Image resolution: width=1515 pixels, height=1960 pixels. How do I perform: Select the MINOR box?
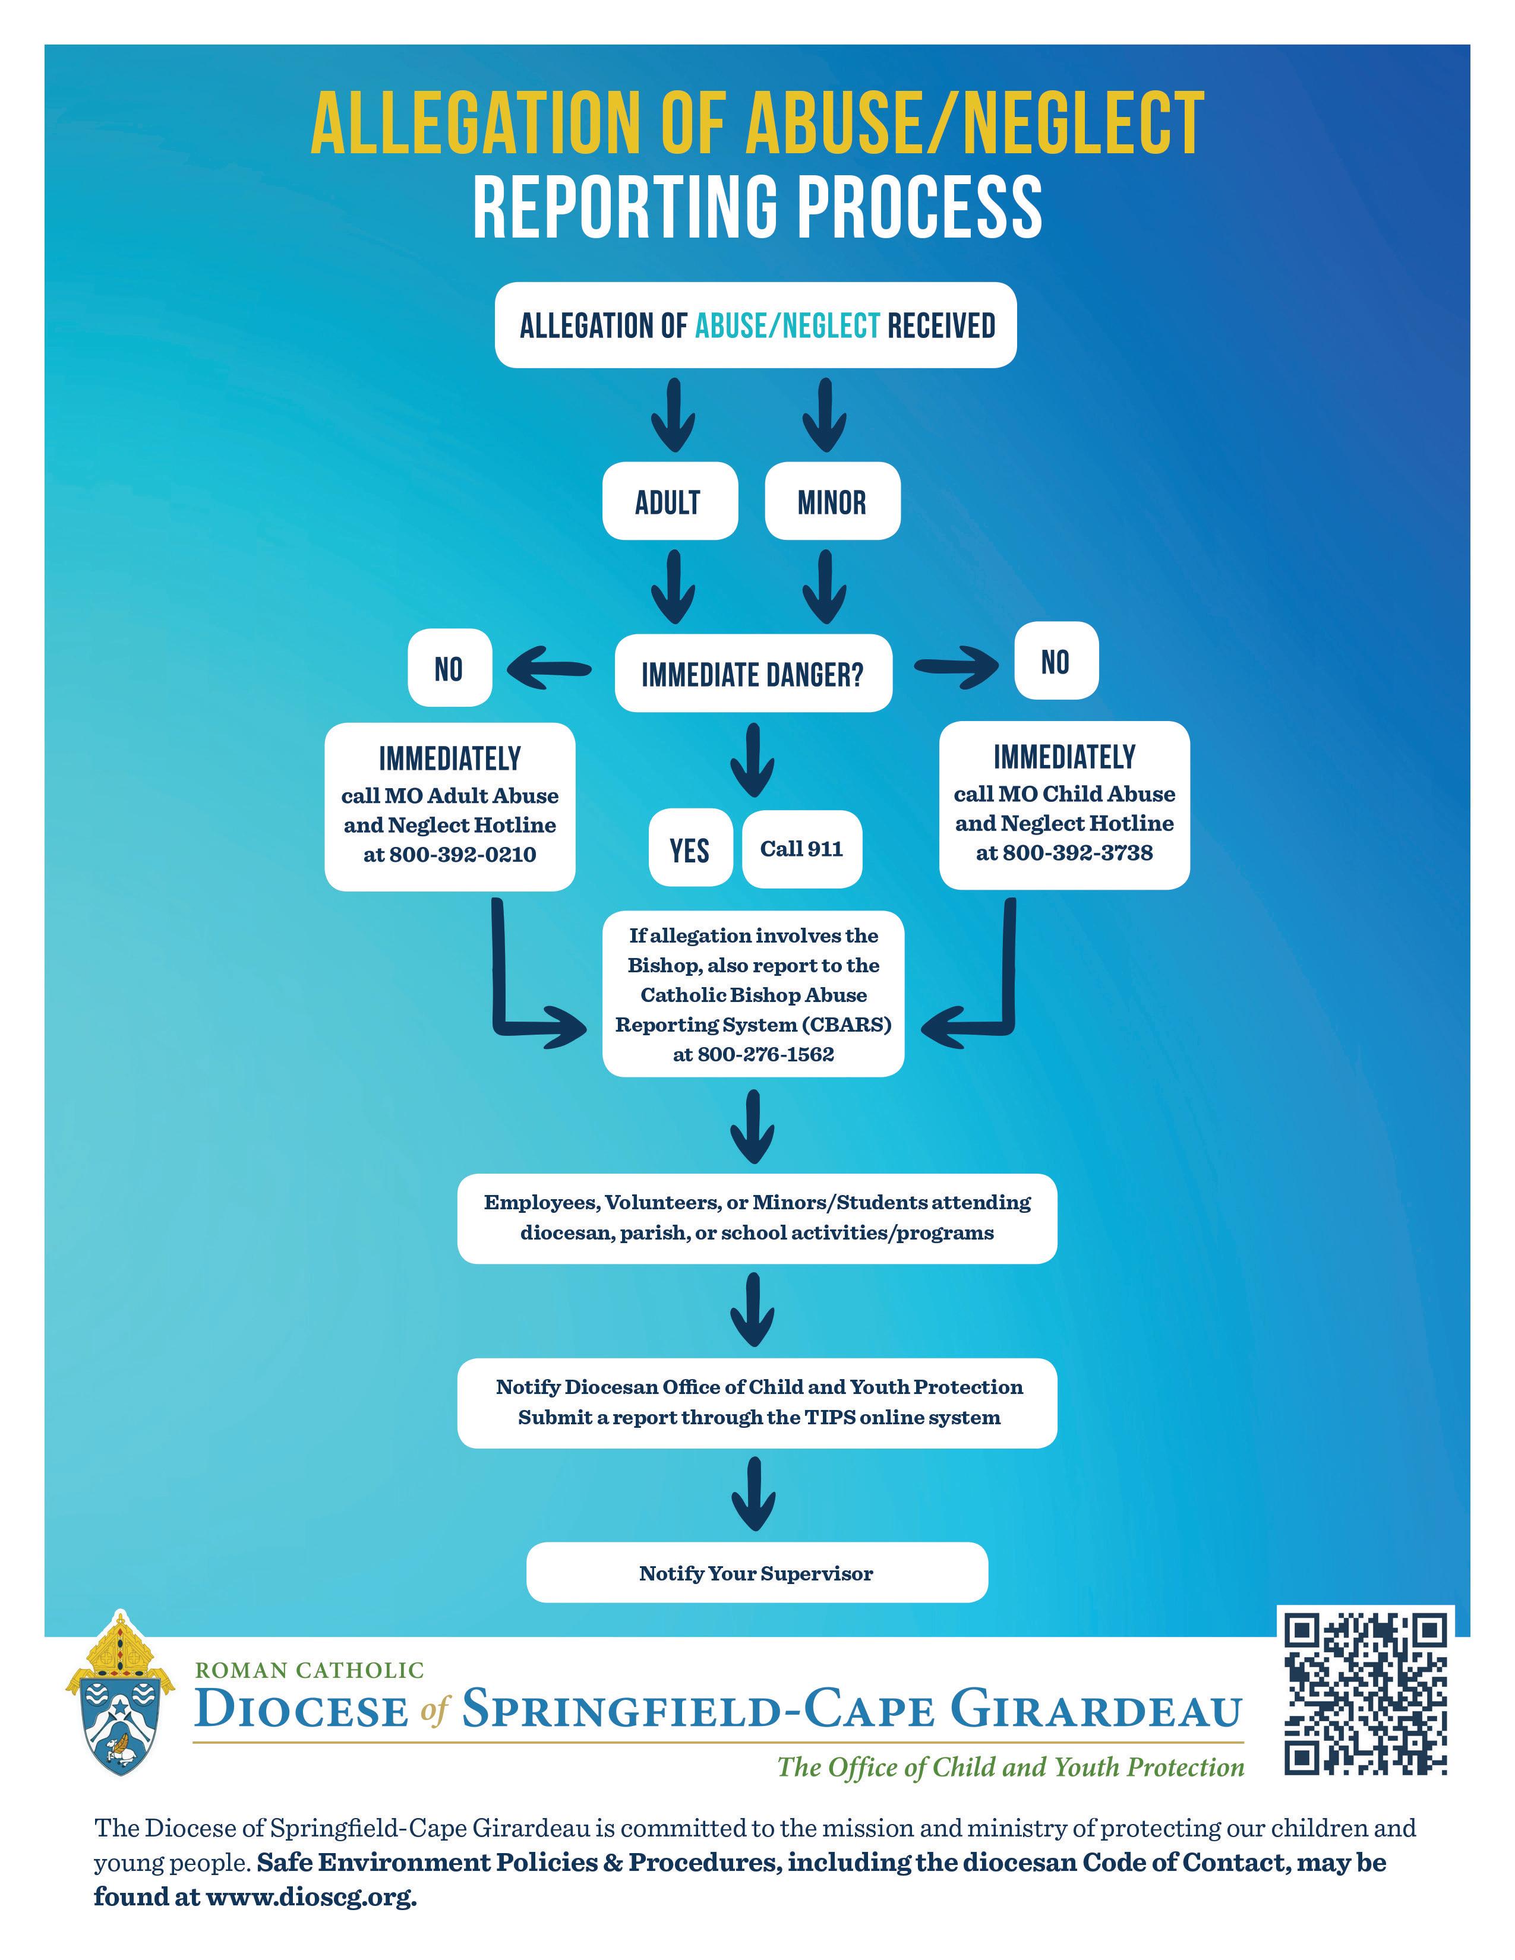coord(832,502)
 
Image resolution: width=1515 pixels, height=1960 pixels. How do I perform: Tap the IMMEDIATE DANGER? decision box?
coord(753,674)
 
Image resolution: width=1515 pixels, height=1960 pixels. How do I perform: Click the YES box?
coord(689,849)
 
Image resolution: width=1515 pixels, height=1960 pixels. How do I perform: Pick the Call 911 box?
coord(801,849)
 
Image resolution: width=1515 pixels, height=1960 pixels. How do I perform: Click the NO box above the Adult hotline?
coord(449,669)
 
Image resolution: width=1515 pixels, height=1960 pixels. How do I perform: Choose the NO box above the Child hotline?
coord(1056,662)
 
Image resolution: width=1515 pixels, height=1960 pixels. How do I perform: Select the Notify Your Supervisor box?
coord(756,1573)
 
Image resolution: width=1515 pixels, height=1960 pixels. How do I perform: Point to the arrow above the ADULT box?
coord(673,415)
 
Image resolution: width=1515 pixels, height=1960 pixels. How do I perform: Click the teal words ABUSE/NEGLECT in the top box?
coord(787,325)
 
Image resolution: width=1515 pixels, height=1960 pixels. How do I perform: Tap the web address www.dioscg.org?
coord(311,1896)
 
